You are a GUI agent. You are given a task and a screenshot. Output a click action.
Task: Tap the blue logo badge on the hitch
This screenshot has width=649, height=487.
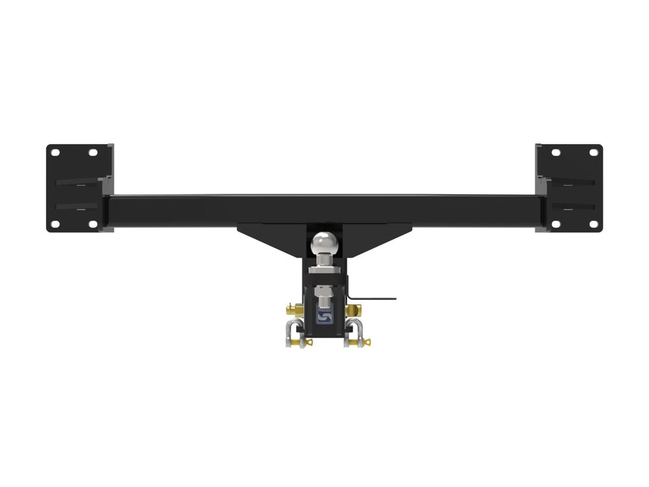point(324,315)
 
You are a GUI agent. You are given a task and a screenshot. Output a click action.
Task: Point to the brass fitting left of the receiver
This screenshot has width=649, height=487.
point(290,308)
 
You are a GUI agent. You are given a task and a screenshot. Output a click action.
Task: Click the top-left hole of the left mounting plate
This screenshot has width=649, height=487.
point(55,153)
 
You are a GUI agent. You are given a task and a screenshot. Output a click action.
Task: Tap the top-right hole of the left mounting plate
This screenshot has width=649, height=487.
point(93,153)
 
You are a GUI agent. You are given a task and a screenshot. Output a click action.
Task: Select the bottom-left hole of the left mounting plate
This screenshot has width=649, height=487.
point(55,223)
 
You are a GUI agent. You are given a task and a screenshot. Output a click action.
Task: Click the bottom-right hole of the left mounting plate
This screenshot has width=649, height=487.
point(93,223)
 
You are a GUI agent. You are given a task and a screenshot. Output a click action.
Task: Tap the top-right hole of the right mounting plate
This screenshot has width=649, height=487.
point(593,153)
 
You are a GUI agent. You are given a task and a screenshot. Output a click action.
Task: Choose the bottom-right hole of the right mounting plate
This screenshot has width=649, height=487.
point(593,223)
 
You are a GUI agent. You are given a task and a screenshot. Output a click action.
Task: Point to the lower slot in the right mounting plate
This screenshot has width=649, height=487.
point(576,207)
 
